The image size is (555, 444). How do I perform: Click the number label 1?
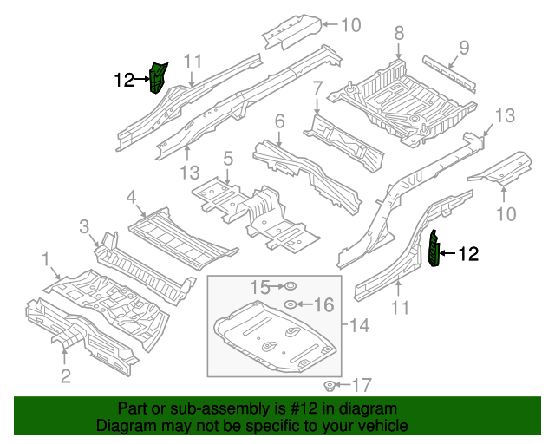[45, 258]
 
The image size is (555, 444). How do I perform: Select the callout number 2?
[64, 375]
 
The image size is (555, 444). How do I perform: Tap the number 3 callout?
[84, 227]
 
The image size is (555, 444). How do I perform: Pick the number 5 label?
[227, 158]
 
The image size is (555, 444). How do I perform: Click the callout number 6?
[279, 121]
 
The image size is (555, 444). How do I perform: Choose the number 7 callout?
[317, 88]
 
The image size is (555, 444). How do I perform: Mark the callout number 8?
[399, 34]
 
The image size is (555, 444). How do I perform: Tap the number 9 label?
[464, 47]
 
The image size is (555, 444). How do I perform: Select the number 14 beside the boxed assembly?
[359, 325]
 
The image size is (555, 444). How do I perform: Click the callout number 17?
[361, 384]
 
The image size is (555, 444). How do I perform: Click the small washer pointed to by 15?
[291, 286]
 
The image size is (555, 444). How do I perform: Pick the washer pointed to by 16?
[291, 304]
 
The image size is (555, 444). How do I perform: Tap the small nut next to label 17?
[330, 384]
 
